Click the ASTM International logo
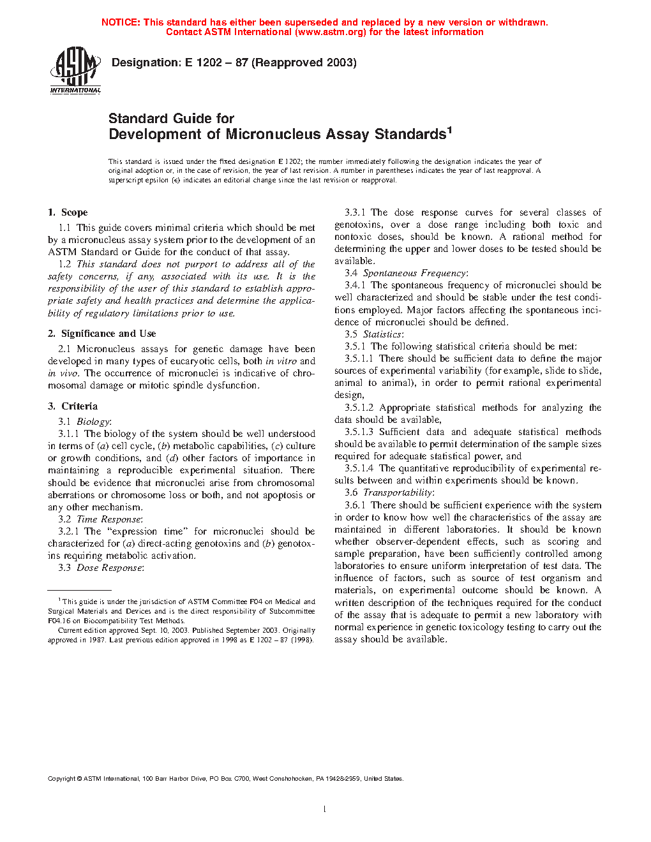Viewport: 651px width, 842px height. pyautogui.click(x=75, y=71)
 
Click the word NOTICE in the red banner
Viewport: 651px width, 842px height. pyautogui.click(x=121, y=22)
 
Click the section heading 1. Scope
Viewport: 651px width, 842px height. pyautogui.click(x=68, y=212)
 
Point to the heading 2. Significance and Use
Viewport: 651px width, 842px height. pyautogui.click(x=102, y=334)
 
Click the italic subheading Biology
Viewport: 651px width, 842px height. pyautogui.click(x=93, y=422)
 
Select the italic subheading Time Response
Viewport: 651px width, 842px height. pyautogui.click(x=109, y=519)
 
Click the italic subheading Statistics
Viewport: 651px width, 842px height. pyautogui.click(x=383, y=334)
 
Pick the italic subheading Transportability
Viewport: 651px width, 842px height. pyautogui.click(x=398, y=492)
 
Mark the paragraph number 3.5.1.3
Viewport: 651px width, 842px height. pyautogui.click(x=359, y=432)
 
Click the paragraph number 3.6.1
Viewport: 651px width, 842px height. pyautogui.click(x=355, y=505)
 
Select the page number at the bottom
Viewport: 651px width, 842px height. pyautogui.click(x=325, y=809)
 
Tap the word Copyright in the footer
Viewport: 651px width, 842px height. pyautogui.click(x=61, y=779)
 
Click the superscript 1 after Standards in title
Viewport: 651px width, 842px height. pyautogui.click(x=449, y=130)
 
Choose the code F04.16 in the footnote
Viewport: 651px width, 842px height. pyautogui.click(x=58, y=621)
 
